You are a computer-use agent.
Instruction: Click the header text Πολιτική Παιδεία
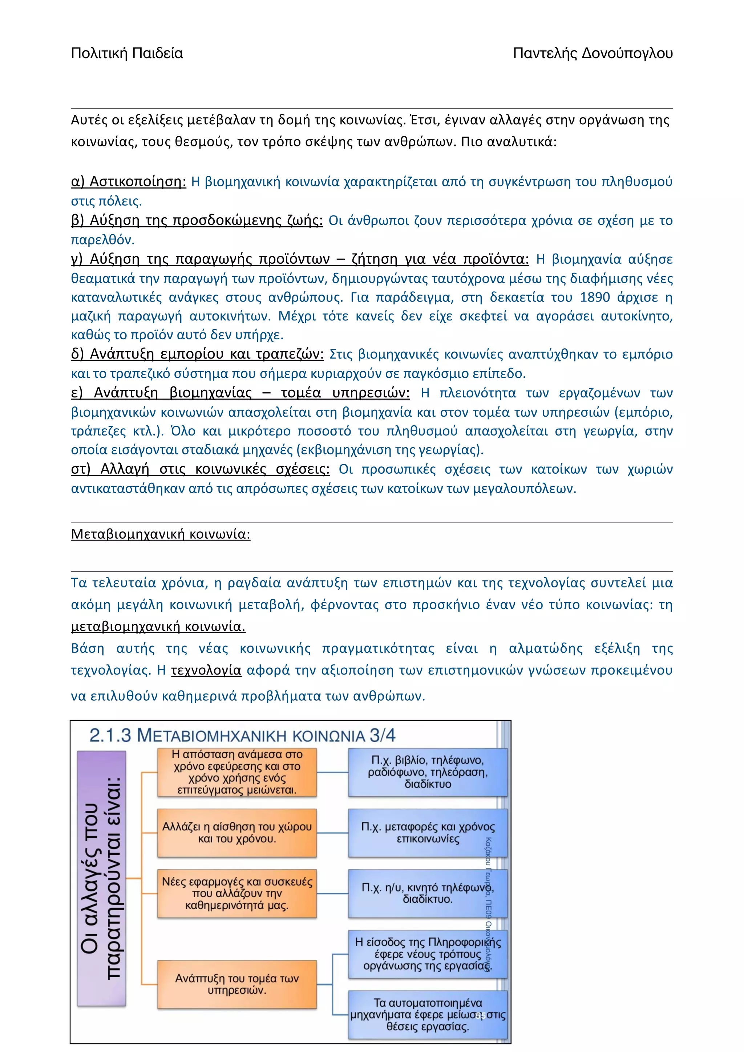[127, 54]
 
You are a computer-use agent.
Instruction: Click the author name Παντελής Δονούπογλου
[593, 54]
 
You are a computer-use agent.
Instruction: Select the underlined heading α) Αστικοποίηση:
[128, 182]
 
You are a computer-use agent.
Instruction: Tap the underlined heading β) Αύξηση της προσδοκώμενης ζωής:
[197, 221]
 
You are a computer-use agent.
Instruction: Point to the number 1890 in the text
[595, 298]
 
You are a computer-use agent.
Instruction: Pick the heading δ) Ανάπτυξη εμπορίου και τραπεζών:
[197, 354]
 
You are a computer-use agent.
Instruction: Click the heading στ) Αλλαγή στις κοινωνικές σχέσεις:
[200, 469]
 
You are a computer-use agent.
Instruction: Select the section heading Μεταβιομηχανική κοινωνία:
[160, 534]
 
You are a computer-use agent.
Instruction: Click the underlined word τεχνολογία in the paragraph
[206, 670]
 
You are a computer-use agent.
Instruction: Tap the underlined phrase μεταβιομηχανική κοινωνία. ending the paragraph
[158, 626]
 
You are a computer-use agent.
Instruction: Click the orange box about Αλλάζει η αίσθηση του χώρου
[237, 833]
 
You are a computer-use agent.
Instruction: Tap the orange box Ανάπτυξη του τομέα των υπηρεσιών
[237, 984]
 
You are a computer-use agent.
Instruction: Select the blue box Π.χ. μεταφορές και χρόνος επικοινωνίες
[428, 833]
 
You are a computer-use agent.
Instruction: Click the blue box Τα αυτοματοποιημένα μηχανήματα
[428, 1015]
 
